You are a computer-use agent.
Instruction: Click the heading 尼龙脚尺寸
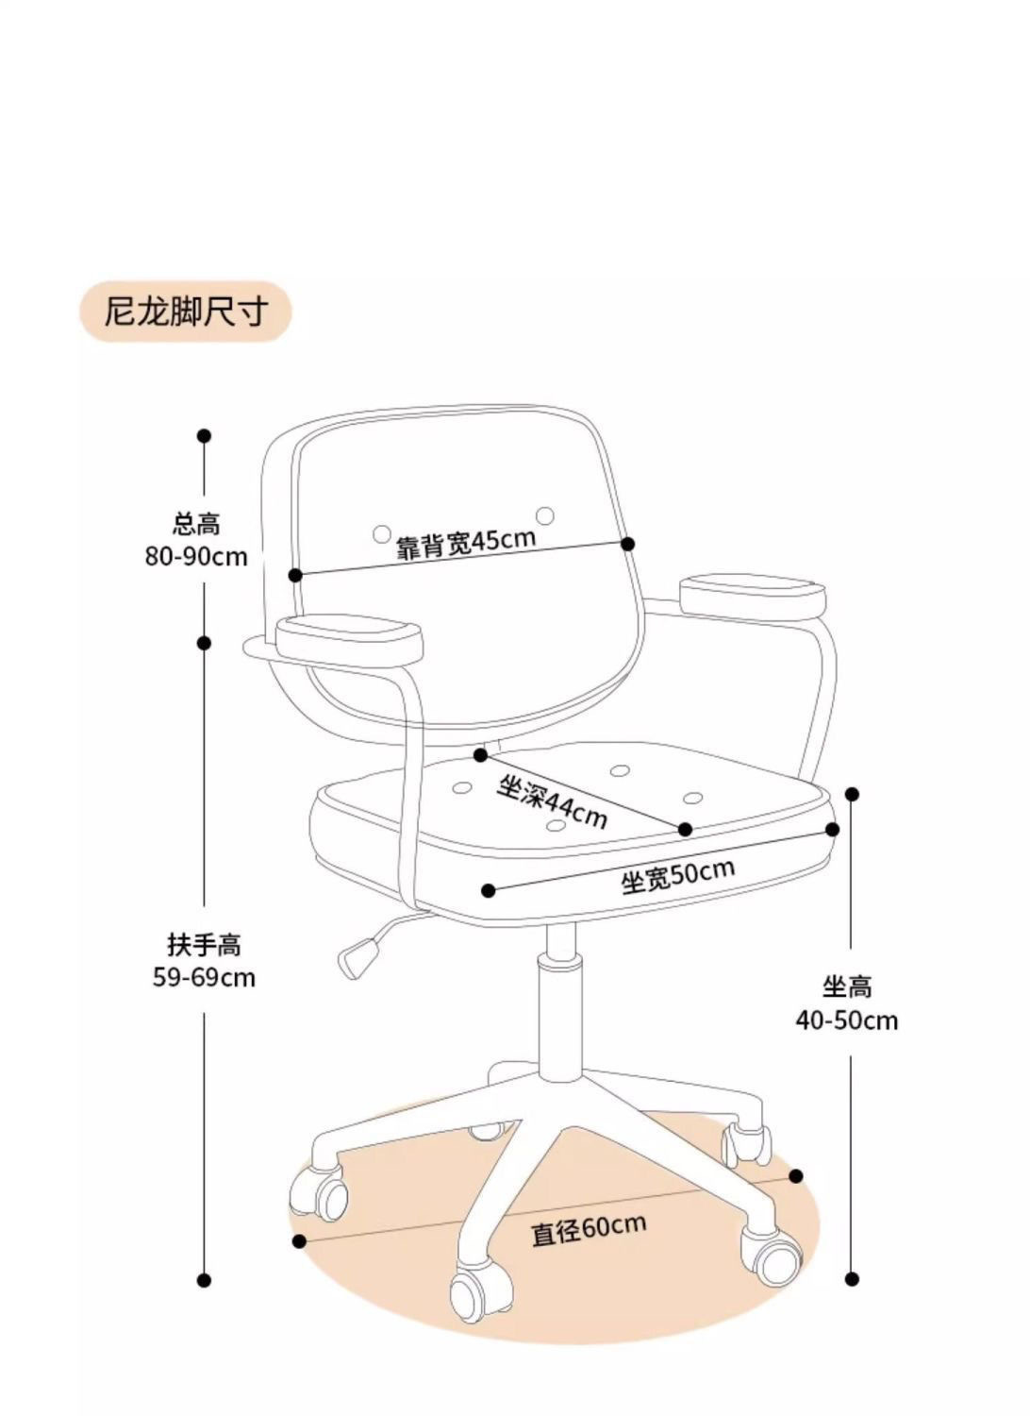click(x=186, y=312)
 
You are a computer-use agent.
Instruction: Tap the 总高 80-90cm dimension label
click(x=196, y=541)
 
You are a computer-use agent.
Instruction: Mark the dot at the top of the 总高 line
click(x=204, y=435)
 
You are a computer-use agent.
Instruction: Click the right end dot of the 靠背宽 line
click(x=627, y=544)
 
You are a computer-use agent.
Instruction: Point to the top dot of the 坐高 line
click(x=852, y=794)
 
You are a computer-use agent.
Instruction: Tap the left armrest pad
click(x=349, y=641)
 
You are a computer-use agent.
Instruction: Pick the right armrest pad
click(x=753, y=595)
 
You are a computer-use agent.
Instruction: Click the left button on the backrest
click(x=381, y=534)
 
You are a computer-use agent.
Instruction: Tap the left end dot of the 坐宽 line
click(x=488, y=890)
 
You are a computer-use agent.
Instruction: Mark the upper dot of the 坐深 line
click(x=481, y=755)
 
